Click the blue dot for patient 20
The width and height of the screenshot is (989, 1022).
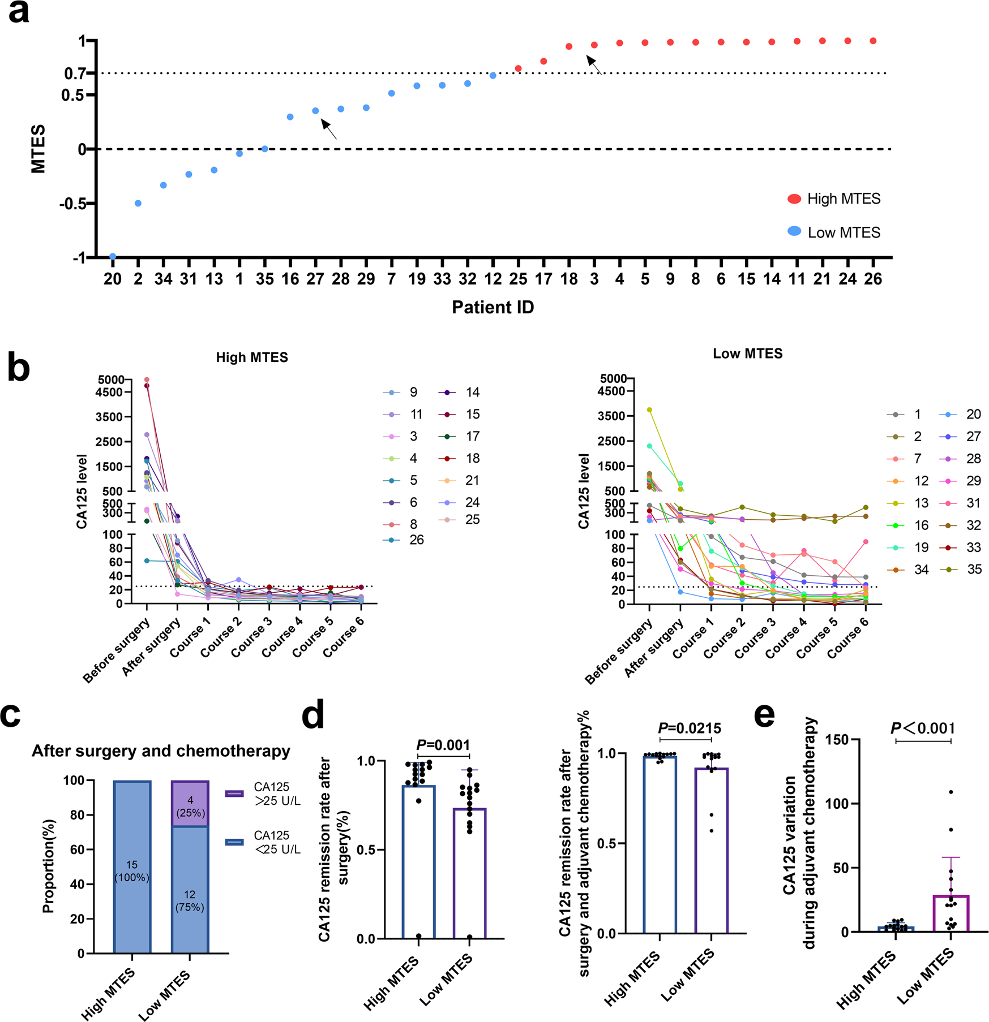pyautogui.click(x=113, y=257)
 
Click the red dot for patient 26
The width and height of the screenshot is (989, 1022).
pyautogui.click(x=873, y=41)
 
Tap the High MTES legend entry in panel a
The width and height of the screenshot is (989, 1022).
pyautogui.click(x=834, y=199)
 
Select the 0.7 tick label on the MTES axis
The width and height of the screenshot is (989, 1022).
pyautogui.click(x=74, y=74)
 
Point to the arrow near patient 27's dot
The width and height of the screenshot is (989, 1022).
pyautogui.click(x=329, y=128)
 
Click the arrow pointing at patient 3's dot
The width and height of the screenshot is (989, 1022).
pyautogui.click(x=594, y=64)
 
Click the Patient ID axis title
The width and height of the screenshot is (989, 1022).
pyautogui.click(x=493, y=307)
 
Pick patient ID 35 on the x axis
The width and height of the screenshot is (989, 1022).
pyautogui.click(x=264, y=279)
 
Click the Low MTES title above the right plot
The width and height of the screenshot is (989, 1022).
pyautogui.click(x=747, y=353)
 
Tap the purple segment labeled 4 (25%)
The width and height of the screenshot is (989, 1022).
pyautogui.click(x=190, y=804)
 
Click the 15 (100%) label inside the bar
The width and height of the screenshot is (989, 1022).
pyautogui.click(x=132, y=871)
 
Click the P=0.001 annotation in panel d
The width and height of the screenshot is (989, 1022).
pyautogui.click(x=443, y=745)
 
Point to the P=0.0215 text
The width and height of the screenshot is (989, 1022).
pyautogui.click(x=690, y=728)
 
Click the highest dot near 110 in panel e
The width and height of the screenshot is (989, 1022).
pyautogui.click(x=951, y=792)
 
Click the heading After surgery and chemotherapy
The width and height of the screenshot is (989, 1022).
pyautogui.click(x=161, y=751)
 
